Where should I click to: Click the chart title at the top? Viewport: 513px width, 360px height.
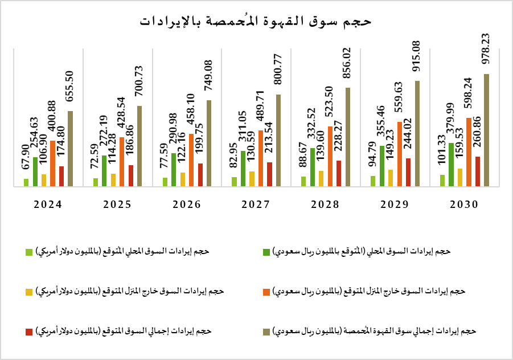coord(256,21)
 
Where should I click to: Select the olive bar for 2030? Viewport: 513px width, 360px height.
coord(486,130)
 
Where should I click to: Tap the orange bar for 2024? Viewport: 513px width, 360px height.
coord(52,163)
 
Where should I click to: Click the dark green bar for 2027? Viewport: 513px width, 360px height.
coord(243,168)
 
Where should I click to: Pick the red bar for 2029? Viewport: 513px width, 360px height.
coord(408,172)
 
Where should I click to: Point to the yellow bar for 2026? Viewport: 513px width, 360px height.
coord(183,179)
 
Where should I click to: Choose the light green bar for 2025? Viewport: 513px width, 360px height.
coord(96,182)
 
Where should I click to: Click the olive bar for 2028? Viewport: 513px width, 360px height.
coord(348,137)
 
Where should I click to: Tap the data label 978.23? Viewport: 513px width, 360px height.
coord(486,51)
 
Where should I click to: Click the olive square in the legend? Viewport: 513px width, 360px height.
coord(266,331)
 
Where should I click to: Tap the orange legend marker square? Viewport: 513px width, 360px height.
coord(266,292)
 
